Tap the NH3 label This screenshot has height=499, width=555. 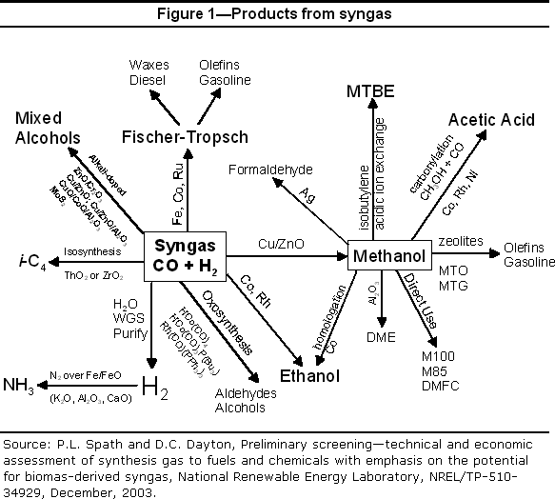(x=21, y=386)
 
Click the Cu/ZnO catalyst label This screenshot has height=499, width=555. (x=282, y=245)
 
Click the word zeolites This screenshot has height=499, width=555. (x=462, y=244)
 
